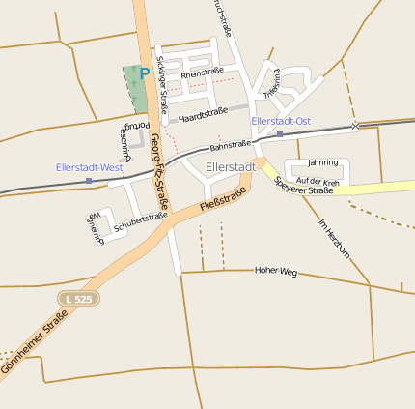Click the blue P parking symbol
(x=145, y=73)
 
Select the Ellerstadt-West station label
(x=90, y=167)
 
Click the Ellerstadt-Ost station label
(x=281, y=121)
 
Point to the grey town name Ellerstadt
(x=231, y=166)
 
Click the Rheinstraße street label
(x=202, y=73)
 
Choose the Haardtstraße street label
(x=203, y=115)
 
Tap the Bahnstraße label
(x=231, y=145)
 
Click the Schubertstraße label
(x=141, y=221)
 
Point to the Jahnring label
(x=322, y=162)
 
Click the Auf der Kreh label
(x=318, y=182)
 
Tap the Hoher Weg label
(x=275, y=271)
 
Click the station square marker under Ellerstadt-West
(x=89, y=181)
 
